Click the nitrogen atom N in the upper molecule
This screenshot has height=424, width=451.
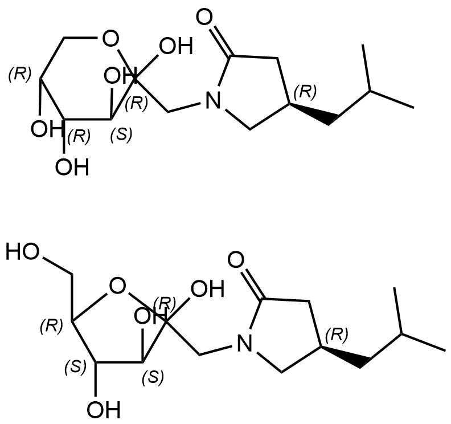click(x=213, y=100)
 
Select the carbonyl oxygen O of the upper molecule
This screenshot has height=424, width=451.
click(x=204, y=17)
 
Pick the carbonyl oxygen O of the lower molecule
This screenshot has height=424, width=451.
click(x=236, y=260)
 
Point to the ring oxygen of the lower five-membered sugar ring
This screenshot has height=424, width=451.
click(x=118, y=287)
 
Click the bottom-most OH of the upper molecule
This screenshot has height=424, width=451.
click(x=72, y=167)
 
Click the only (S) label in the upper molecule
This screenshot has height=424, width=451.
click(x=121, y=134)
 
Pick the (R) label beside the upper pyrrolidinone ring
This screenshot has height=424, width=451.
click(x=305, y=92)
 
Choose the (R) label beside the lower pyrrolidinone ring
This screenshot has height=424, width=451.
click(x=337, y=335)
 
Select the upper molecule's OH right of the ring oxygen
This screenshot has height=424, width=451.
click(x=176, y=46)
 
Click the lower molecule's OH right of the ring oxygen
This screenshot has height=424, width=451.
click(x=207, y=288)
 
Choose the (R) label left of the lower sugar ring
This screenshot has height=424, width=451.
click(x=51, y=326)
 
